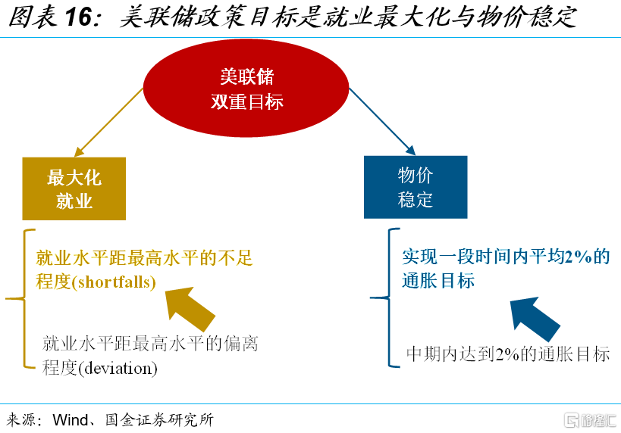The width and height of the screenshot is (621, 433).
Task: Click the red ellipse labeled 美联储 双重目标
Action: [246, 88]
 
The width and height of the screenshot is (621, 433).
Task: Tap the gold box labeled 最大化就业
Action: [74, 188]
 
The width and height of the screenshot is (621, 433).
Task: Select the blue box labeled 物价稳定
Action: [416, 187]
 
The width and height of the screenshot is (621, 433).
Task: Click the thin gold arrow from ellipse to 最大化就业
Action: [109, 122]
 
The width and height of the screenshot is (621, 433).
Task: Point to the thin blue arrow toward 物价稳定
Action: [382, 121]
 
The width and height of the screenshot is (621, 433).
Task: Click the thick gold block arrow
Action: [190, 309]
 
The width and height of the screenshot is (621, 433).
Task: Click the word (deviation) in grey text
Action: [118, 368]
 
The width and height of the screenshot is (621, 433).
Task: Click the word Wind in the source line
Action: [71, 420]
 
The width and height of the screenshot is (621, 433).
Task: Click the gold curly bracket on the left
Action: [24, 298]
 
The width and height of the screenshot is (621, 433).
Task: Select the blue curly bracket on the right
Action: [389, 297]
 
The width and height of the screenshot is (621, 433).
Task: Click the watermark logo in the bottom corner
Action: [590, 420]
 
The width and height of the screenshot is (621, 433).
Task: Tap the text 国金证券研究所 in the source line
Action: [159, 420]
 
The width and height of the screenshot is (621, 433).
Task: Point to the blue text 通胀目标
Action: [438, 281]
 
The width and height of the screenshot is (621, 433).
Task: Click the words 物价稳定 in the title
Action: [526, 17]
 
